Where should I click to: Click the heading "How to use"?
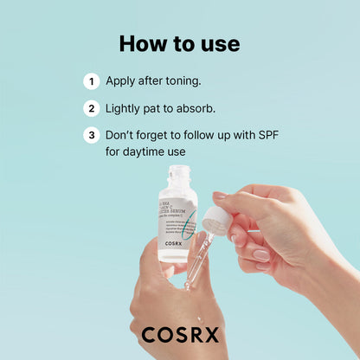point(179,43)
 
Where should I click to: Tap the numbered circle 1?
point(91,81)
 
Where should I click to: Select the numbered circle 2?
point(91,109)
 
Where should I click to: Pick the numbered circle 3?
point(91,136)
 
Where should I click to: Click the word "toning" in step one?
point(180,81)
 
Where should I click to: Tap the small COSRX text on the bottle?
point(177,245)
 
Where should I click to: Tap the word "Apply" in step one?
point(122,81)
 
